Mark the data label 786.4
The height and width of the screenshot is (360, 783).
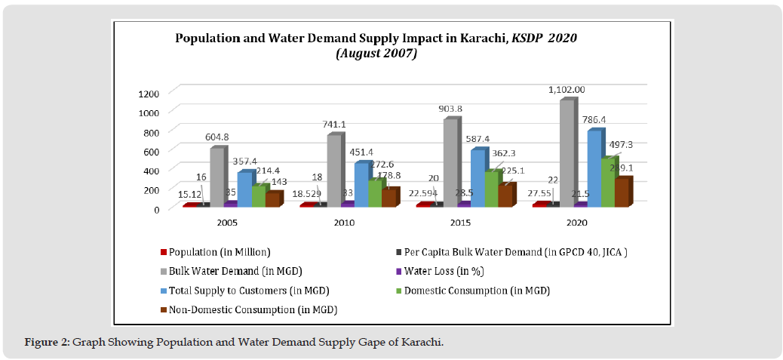pyautogui.click(x=597, y=120)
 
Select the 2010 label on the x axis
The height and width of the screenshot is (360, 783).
pyautogui.click(x=344, y=223)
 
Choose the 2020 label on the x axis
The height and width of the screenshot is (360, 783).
pyautogui.click(x=577, y=223)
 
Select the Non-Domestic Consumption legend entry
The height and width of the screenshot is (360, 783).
pyautogui.click(x=253, y=309)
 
